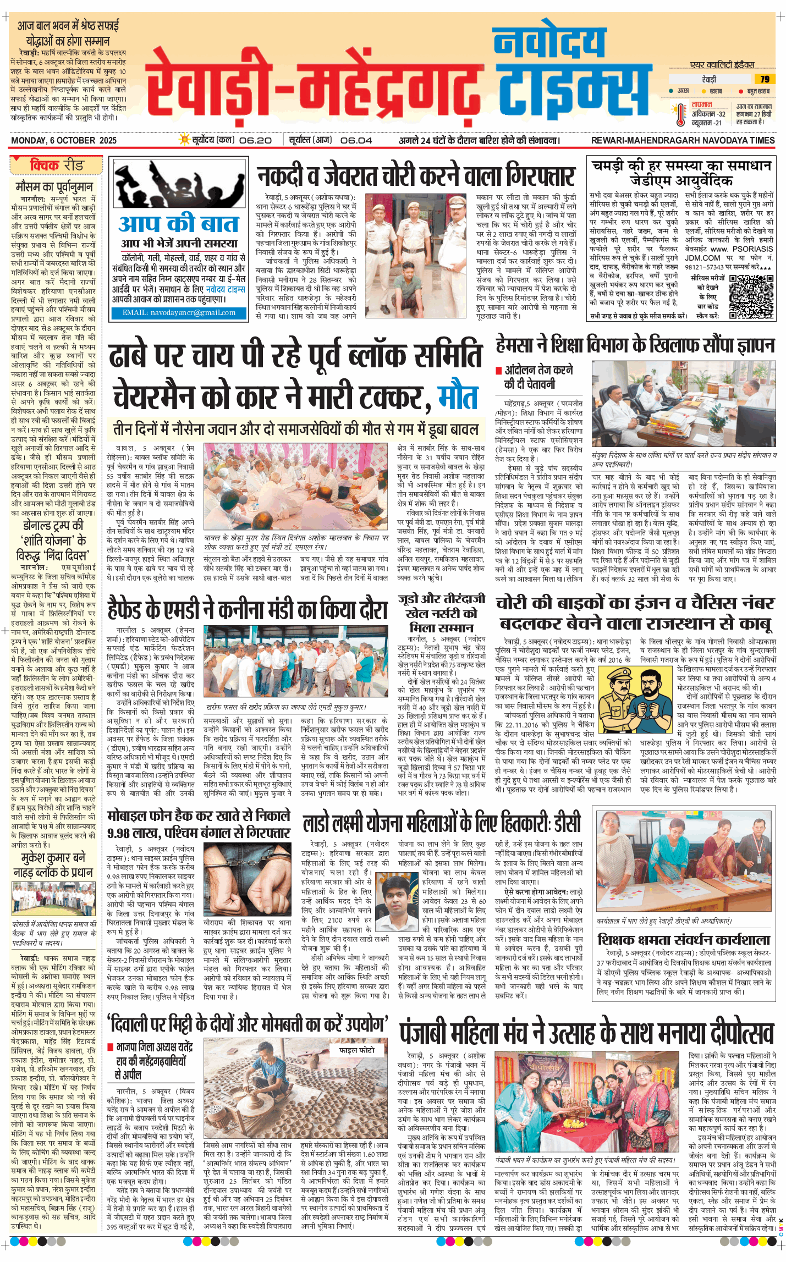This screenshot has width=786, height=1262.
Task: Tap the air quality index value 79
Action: tap(765, 79)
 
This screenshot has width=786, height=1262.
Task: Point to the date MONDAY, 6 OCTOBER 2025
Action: tap(64, 140)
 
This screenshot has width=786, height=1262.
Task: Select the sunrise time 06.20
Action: tap(255, 140)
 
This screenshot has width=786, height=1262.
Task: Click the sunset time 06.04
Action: tap(356, 140)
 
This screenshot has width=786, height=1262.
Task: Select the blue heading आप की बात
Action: tap(179, 224)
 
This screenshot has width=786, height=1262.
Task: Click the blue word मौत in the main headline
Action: tap(458, 398)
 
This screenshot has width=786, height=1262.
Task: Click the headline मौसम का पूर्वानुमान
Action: tap(54, 186)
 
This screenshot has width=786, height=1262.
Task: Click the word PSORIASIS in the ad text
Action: tap(753, 249)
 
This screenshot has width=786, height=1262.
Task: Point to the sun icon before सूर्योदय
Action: tap(185, 140)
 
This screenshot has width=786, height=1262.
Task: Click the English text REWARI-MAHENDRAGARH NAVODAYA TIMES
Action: tap(683, 140)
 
